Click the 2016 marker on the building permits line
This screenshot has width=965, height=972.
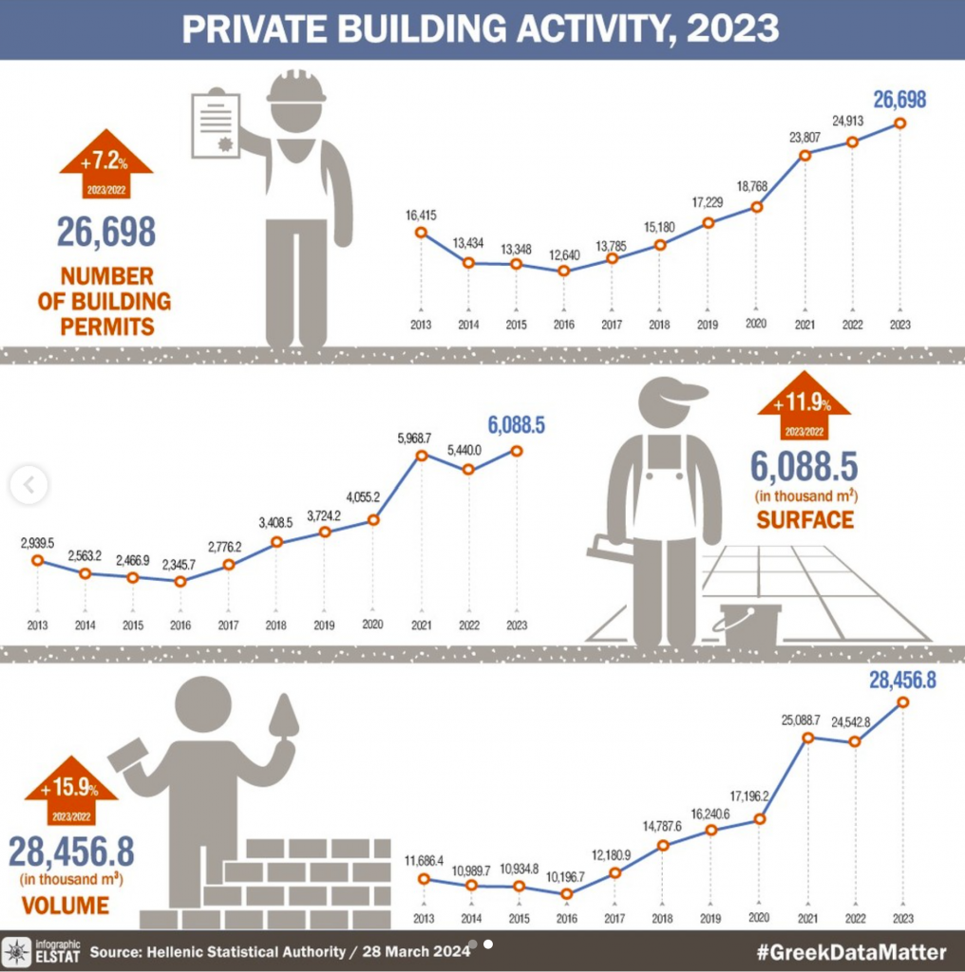tap(564, 271)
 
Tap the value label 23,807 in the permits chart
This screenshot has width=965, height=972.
tap(804, 136)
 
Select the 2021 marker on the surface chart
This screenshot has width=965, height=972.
tap(421, 456)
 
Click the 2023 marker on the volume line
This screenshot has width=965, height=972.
tap(902, 702)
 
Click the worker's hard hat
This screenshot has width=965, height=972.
tap(295, 87)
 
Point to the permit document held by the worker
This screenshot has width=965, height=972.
tap(216, 124)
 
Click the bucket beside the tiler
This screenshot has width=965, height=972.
tap(749, 624)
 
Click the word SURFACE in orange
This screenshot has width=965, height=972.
tap(804, 519)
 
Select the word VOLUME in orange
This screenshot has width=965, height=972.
tap(65, 905)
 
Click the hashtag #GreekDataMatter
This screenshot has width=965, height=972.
tap(851, 952)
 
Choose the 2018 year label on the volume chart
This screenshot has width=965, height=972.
tap(663, 919)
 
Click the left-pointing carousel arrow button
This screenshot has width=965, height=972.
tap(28, 485)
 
